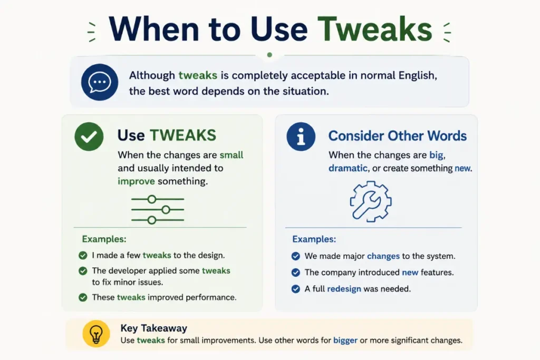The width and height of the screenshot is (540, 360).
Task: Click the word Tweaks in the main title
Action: click(374, 29)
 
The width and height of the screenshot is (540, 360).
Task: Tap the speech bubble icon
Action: click(100, 82)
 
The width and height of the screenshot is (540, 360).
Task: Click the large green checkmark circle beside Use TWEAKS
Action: click(89, 137)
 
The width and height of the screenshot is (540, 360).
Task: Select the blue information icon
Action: click(301, 137)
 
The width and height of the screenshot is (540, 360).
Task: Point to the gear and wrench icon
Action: click(371, 201)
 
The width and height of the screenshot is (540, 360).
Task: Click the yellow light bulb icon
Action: click(96, 334)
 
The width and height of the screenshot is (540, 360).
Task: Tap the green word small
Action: click(232, 155)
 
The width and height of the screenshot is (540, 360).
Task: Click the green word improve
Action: click(136, 181)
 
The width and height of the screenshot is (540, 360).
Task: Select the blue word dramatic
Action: click(348, 168)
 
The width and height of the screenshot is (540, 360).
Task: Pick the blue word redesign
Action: click(344, 289)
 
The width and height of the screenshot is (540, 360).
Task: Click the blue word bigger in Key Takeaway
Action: click(345, 340)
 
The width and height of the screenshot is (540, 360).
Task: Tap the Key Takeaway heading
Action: click(153, 328)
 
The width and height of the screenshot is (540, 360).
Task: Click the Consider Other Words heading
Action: click(398, 136)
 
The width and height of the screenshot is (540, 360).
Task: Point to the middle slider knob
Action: click(166, 210)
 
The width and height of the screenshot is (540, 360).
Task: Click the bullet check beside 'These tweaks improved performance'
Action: click(83, 297)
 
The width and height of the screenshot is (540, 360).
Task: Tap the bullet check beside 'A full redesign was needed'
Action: click(295, 289)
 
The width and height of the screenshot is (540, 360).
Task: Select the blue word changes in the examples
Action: click(383, 256)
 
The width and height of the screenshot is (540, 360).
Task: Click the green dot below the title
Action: click(269, 55)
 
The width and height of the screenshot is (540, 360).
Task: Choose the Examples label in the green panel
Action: click(104, 239)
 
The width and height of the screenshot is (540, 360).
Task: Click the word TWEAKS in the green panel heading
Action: click(183, 135)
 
